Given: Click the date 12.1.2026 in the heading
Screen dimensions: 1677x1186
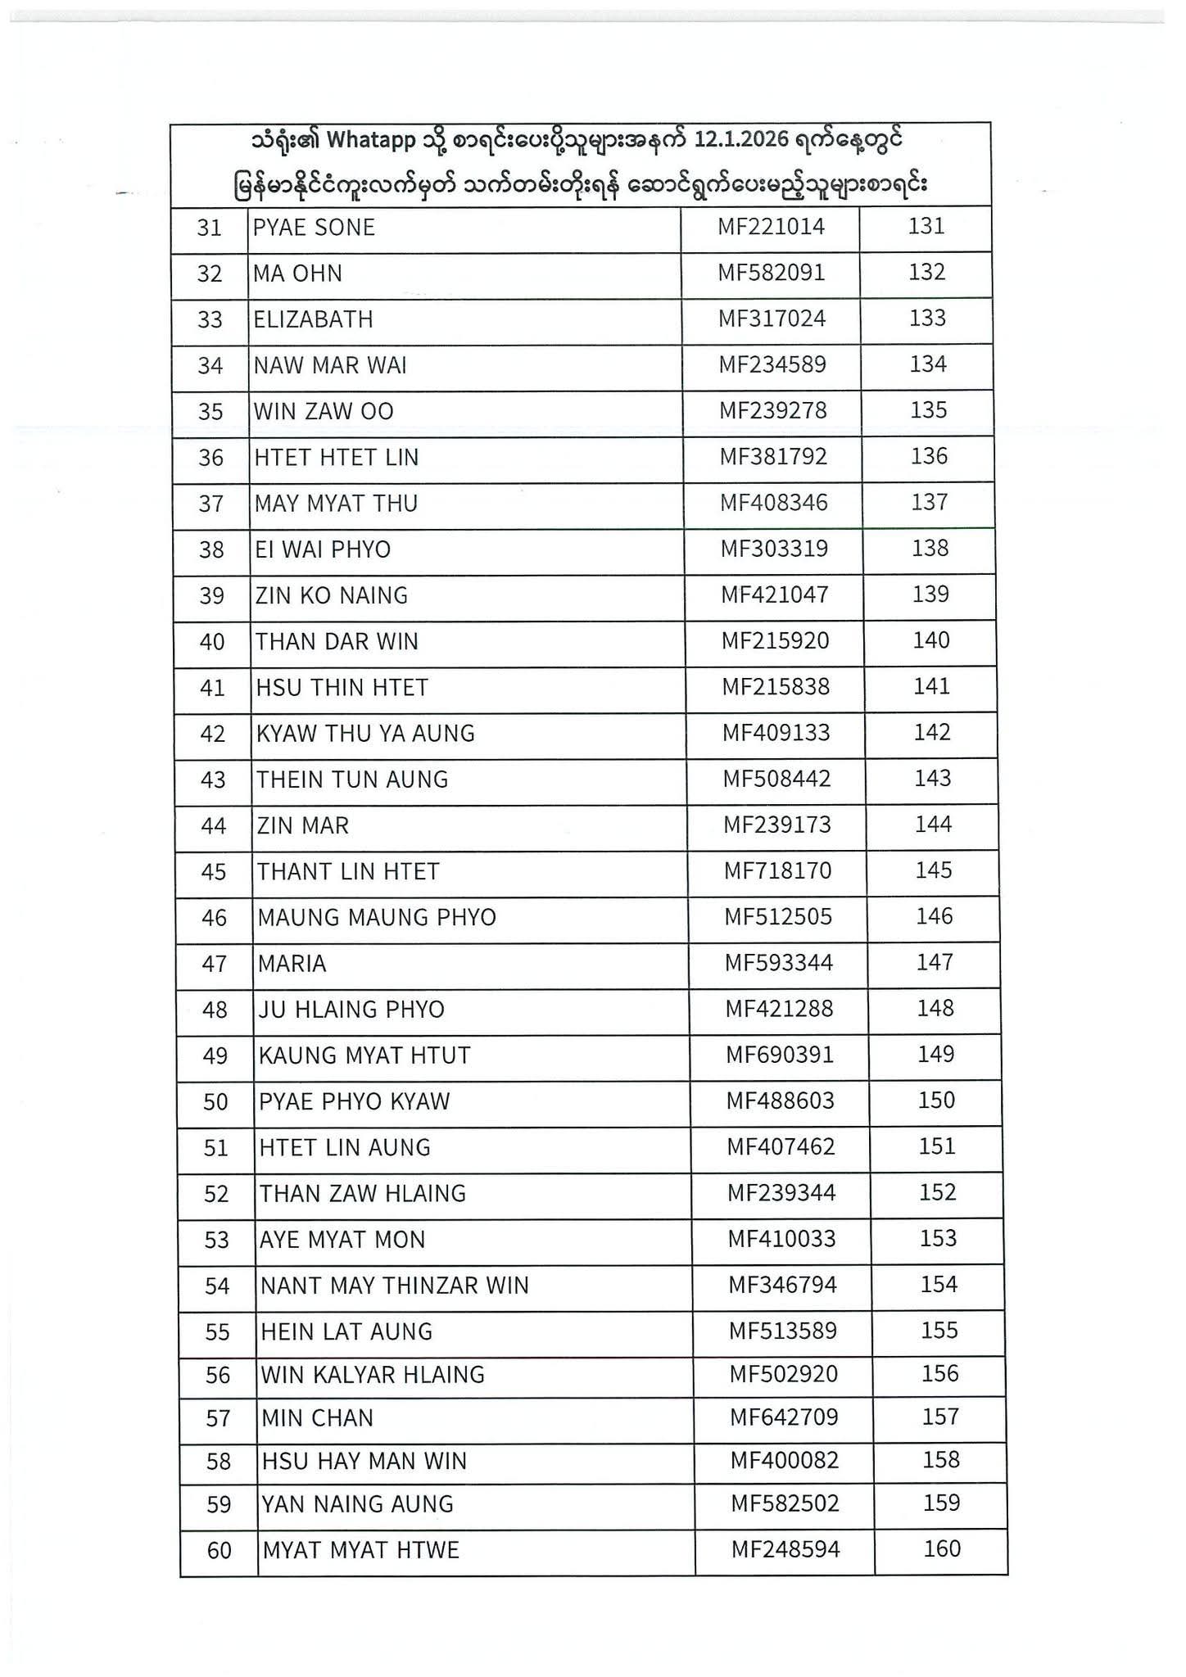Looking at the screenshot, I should click(741, 140).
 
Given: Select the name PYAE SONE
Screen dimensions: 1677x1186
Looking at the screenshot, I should click(314, 228).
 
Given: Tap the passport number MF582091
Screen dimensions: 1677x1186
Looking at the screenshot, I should click(771, 273).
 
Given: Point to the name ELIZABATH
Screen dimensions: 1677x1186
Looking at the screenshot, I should click(313, 319).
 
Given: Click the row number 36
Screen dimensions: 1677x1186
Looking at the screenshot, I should click(211, 458).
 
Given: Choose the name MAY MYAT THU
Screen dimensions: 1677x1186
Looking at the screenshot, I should click(336, 504).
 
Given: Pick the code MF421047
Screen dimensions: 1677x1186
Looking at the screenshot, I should click(774, 594).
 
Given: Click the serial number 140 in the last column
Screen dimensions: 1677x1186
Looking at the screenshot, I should click(931, 640).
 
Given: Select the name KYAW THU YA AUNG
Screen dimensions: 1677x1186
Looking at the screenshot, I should click(365, 734).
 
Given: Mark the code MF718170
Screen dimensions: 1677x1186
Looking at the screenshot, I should click(777, 870).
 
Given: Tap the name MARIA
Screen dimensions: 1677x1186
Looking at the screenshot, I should click(292, 964).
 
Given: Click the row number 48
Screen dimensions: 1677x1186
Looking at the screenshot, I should click(215, 1010).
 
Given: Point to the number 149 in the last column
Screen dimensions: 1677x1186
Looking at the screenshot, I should click(935, 1054).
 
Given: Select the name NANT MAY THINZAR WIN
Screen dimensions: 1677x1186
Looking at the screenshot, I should click(394, 1286).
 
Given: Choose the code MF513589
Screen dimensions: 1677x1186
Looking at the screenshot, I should click(783, 1331).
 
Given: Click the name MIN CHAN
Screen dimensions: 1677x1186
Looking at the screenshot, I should click(317, 1418).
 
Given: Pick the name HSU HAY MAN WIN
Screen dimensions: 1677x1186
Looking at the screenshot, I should click(364, 1462).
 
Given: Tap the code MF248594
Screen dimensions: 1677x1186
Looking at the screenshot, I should click(785, 1549).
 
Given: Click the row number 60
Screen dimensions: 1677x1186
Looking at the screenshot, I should click(220, 1551).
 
